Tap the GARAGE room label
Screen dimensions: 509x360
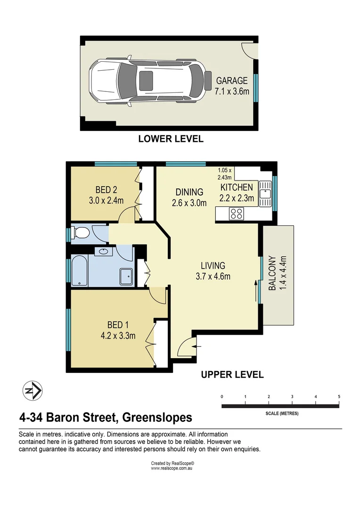click(x=232, y=81)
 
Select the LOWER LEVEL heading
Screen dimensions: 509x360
click(x=171, y=139)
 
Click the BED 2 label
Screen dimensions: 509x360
click(x=106, y=190)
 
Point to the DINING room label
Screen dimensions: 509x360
click(x=189, y=192)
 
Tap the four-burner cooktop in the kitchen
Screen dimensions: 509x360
click(x=236, y=213)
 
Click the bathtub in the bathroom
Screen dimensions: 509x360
click(x=80, y=271)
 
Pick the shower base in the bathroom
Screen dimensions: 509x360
click(x=126, y=276)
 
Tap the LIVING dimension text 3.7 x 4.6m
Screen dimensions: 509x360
click(x=213, y=277)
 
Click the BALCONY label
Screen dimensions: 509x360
click(x=272, y=273)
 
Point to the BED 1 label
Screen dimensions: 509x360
click(x=118, y=325)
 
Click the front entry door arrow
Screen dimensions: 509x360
click(x=198, y=346)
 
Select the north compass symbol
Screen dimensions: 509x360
click(x=33, y=390)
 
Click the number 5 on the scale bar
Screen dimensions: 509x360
click(x=339, y=397)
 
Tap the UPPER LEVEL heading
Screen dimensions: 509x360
click(x=232, y=375)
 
